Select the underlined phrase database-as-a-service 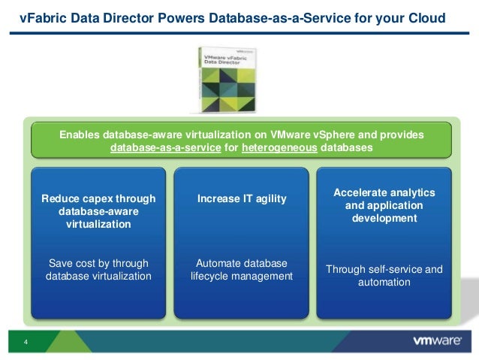click(165, 148)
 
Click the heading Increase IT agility click(241, 199)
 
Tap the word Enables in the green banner click(79, 135)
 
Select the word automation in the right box click(384, 283)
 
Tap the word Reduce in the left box click(59, 199)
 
